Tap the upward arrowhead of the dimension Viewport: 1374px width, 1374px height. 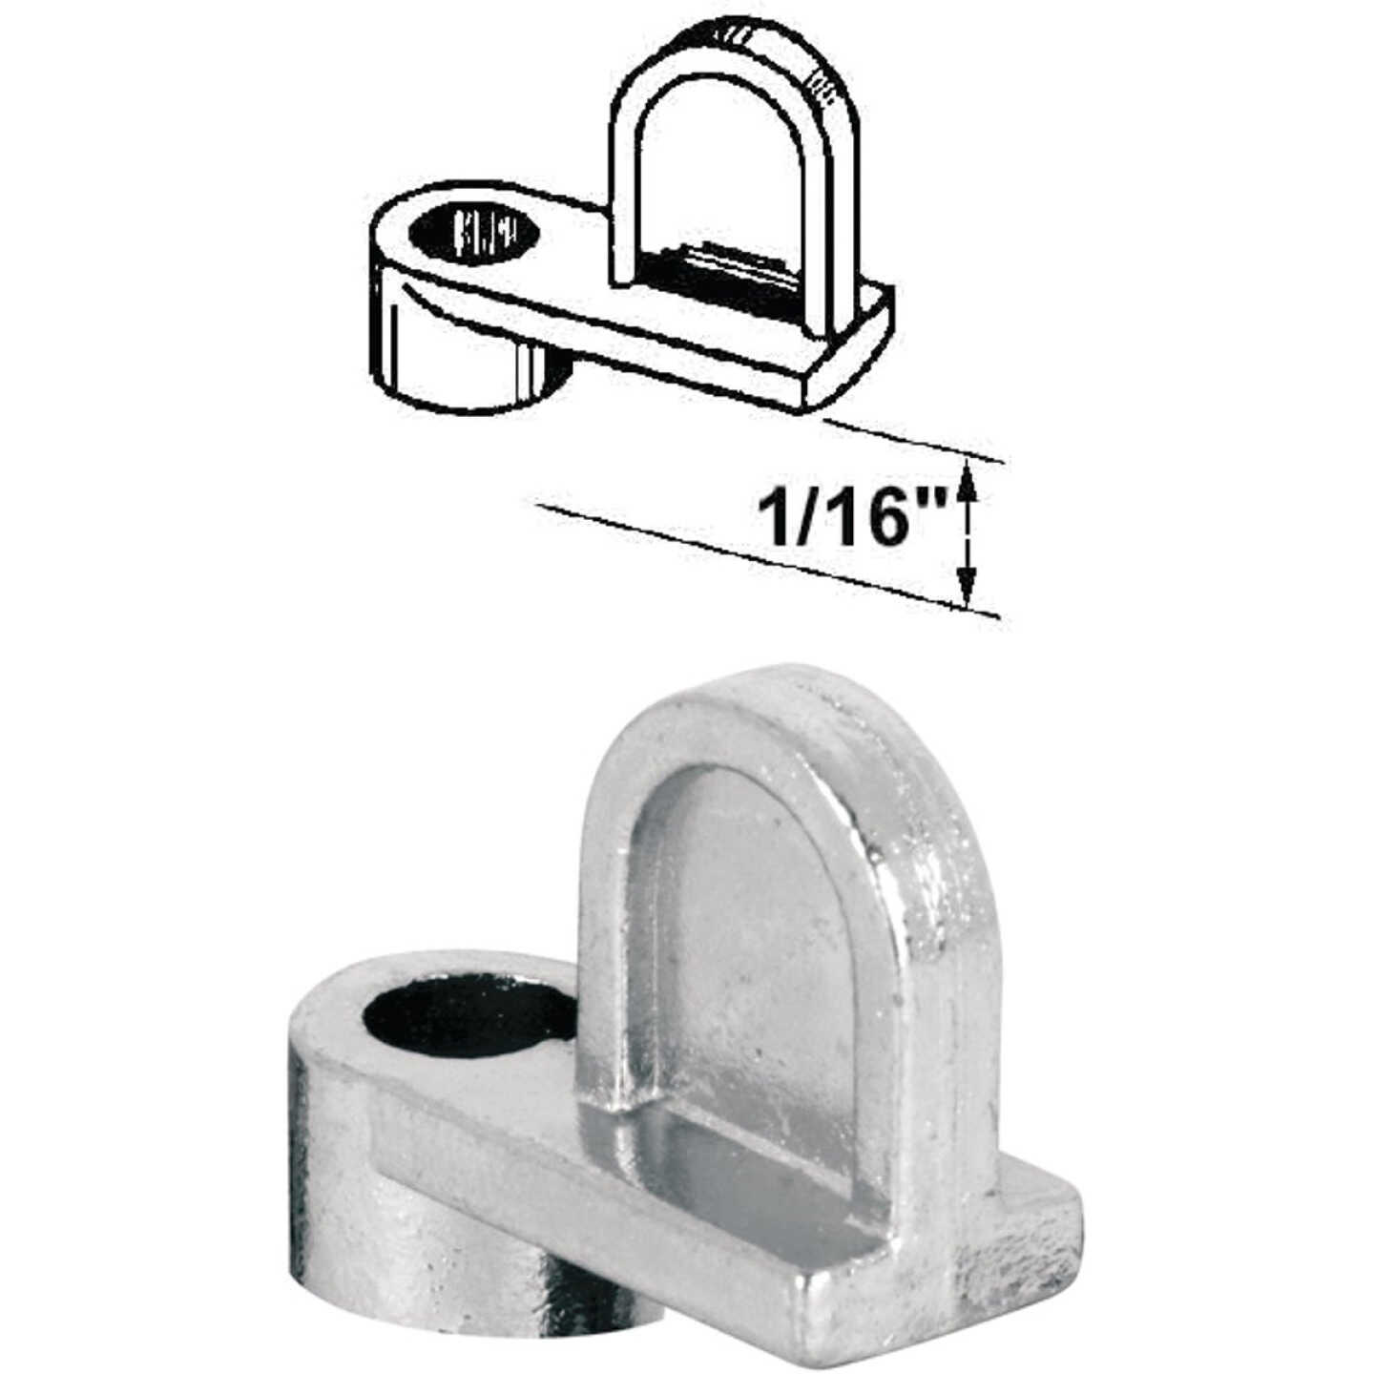(968, 474)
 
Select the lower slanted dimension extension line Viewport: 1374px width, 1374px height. (763, 558)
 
